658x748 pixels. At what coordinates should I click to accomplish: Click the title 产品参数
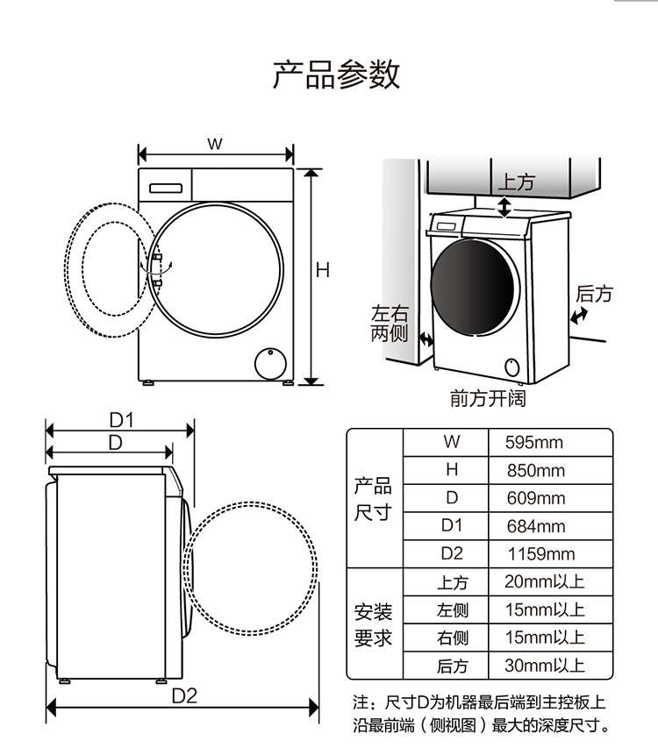(336, 75)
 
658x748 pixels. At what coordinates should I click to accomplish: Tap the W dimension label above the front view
(214, 144)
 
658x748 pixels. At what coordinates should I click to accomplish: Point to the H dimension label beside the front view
(323, 270)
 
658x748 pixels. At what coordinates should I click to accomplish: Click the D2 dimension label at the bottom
(183, 696)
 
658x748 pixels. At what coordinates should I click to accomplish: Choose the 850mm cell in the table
(535, 470)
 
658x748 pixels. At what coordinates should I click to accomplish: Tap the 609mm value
(535, 498)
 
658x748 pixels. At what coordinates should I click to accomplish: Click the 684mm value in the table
(535, 526)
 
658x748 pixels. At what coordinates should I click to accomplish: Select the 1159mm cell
(541, 554)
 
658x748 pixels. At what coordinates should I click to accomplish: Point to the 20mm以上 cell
(544, 581)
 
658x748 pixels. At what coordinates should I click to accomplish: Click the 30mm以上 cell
(544, 666)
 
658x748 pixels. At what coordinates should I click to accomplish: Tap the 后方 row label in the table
(453, 666)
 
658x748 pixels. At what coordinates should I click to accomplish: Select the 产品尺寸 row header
(373, 499)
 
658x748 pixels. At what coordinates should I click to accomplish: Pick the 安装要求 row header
(373, 624)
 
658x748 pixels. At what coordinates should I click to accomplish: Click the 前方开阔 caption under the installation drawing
(488, 399)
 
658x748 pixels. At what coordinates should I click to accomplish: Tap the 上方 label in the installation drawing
(516, 182)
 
